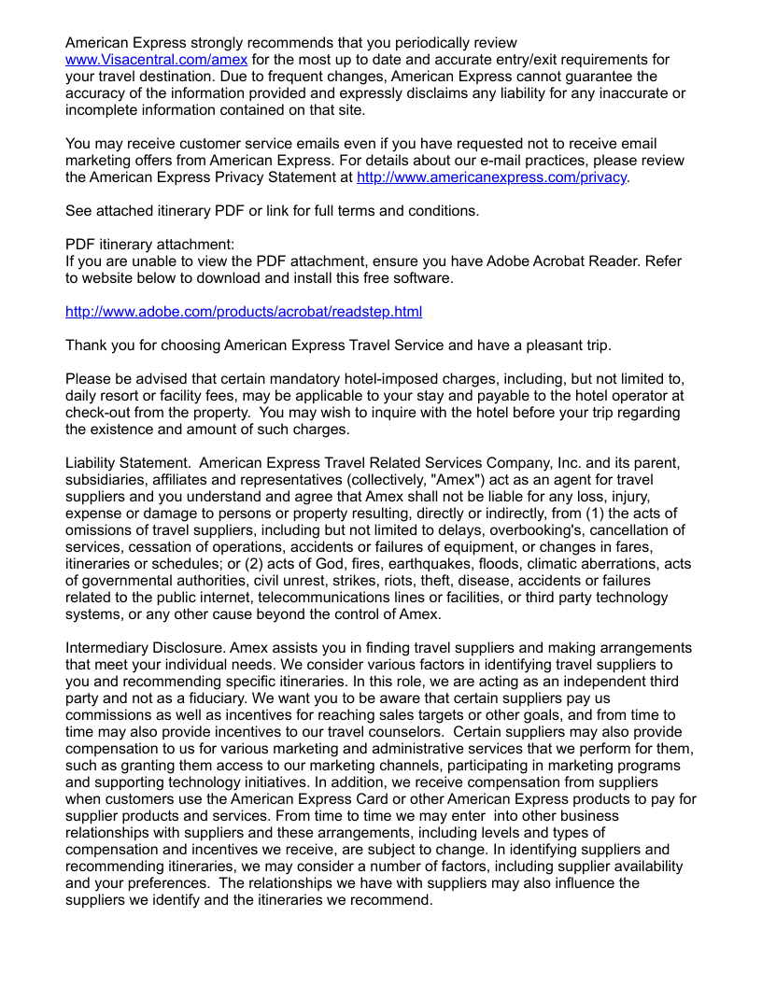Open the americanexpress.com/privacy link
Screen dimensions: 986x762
point(492,176)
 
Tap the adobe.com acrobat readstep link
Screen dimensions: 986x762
point(243,311)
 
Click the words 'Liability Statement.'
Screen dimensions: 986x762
point(128,462)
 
